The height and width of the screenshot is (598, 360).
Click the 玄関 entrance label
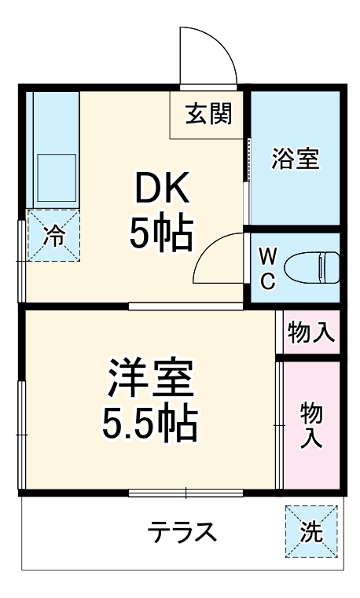point(208,115)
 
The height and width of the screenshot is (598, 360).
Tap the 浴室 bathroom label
point(295,158)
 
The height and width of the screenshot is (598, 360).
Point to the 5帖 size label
point(161,233)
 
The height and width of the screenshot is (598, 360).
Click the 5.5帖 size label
point(149,424)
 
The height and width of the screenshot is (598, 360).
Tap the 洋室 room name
point(150,380)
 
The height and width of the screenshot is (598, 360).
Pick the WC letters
point(267,268)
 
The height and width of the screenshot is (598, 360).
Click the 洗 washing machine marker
point(311,532)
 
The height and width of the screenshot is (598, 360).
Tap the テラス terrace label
point(182,533)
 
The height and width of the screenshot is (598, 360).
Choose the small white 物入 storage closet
point(311,332)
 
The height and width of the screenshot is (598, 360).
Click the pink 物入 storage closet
point(311,424)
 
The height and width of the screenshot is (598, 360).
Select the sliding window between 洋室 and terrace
point(186,493)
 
